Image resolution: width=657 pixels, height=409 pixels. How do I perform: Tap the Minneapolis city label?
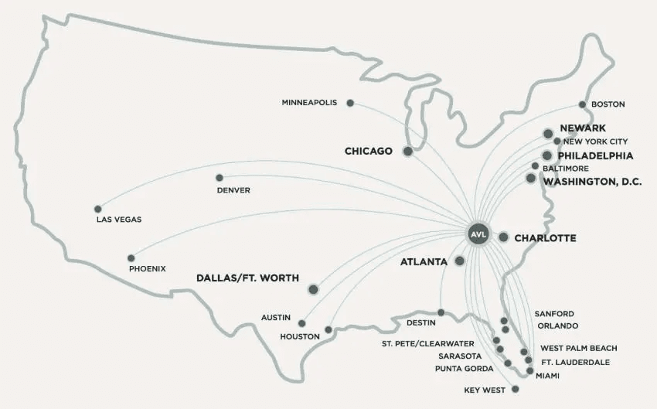pyautogui.click(x=309, y=103)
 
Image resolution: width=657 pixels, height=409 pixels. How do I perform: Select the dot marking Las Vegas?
pyautogui.click(x=97, y=209)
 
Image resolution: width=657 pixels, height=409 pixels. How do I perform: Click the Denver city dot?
pyautogui.click(x=220, y=177)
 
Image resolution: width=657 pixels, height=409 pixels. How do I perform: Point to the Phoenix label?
pyautogui.click(x=148, y=269)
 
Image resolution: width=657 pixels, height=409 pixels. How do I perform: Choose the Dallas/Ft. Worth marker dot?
pyautogui.click(x=313, y=289)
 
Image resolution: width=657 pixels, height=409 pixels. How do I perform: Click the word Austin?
pyautogui.click(x=276, y=318)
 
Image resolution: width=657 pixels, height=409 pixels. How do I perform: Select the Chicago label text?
pyautogui.click(x=369, y=151)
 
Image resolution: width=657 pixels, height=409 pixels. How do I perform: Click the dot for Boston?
pyautogui.click(x=583, y=104)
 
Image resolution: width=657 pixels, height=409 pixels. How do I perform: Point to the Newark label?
pyautogui.click(x=583, y=128)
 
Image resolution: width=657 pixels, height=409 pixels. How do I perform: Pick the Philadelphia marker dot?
pyautogui.click(x=547, y=155)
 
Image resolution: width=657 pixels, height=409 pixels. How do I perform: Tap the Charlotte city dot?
pyautogui.click(x=503, y=237)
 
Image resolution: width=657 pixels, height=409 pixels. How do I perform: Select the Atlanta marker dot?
pyautogui.click(x=460, y=261)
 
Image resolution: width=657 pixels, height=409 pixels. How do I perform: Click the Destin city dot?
pyautogui.click(x=441, y=313)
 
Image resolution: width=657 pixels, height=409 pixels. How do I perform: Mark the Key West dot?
pyautogui.click(x=516, y=390)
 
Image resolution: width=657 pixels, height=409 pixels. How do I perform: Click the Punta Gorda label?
pyautogui.click(x=465, y=368)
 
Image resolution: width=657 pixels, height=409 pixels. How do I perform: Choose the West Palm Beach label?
pyautogui.click(x=578, y=349)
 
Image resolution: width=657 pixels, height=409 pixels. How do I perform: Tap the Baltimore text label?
pyautogui.click(x=566, y=168)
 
